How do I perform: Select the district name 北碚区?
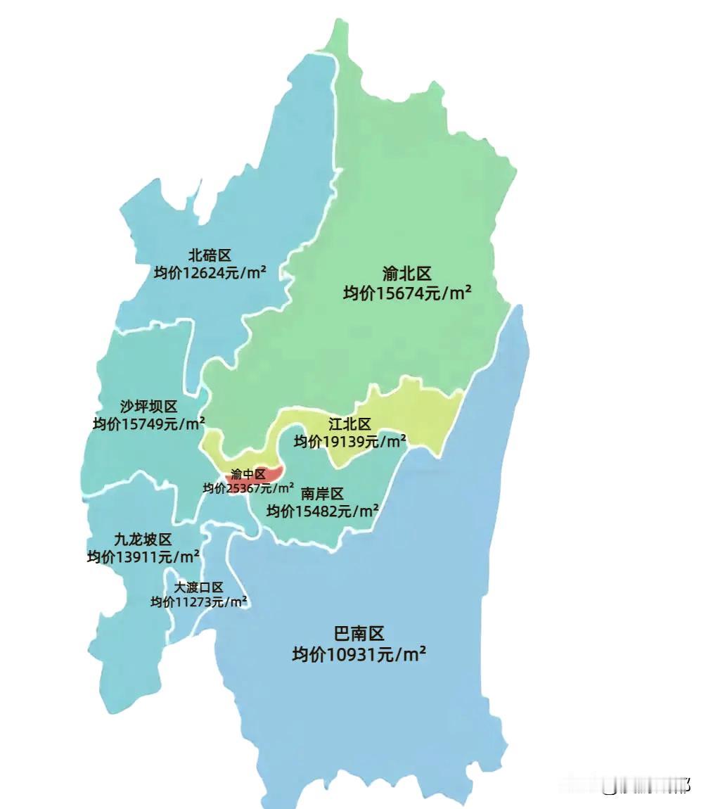pos(210,255)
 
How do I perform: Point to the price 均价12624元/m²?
pos(210,272)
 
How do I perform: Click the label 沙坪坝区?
pos(148,407)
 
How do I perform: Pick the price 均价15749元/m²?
pos(148,424)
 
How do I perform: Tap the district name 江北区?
pos(349,424)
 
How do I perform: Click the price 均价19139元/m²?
pos(349,442)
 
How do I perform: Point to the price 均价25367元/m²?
pos(249,488)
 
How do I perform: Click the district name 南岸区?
pos(322,494)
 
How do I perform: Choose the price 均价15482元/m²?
pos(322,511)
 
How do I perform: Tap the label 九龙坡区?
pos(143,540)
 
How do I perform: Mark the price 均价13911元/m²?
pos(143,557)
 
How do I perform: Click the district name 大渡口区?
pos(198,587)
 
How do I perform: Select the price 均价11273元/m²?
pos(198,602)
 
